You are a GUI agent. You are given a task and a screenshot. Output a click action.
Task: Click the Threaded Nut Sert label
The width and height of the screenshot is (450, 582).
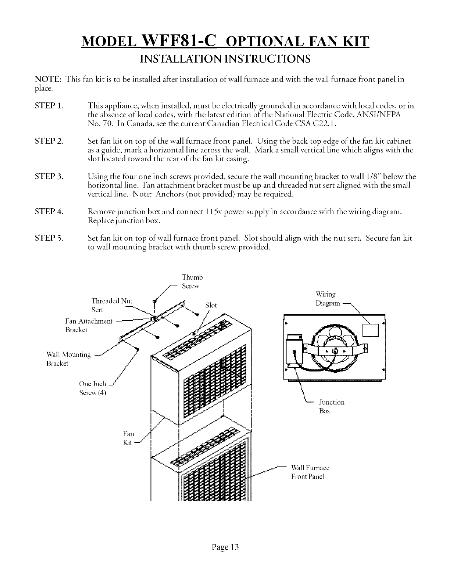point(111,305)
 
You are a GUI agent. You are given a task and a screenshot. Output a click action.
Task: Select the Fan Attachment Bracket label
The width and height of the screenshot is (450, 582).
point(89,325)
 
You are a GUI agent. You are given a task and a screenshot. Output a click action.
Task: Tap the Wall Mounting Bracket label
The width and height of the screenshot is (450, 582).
point(68,359)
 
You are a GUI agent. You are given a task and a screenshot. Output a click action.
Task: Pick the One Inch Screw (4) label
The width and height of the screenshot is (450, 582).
point(93,388)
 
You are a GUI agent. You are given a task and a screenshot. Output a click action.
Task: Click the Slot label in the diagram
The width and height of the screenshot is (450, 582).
point(211,305)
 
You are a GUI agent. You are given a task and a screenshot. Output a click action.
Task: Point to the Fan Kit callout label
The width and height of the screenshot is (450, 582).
point(128,438)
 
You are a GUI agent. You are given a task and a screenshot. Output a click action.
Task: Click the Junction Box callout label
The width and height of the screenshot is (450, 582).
point(331,407)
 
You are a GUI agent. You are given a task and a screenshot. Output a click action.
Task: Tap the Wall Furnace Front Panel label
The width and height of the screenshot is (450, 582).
point(310,473)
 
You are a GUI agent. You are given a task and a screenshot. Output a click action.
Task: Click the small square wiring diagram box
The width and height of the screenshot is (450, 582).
point(370,330)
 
